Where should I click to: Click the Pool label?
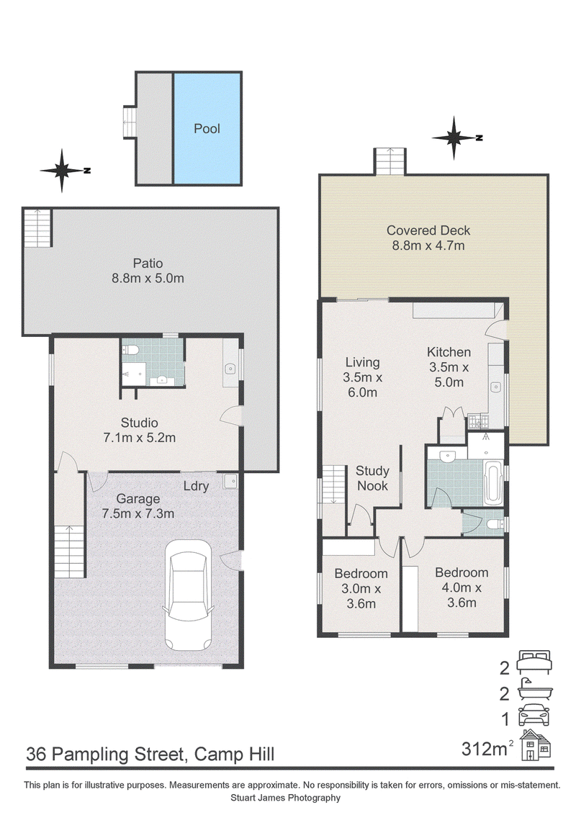[207, 128]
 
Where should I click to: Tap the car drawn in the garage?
[188, 595]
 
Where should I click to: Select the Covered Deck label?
[428, 230]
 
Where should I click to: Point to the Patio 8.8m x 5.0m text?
[148, 271]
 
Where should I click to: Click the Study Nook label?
[372, 478]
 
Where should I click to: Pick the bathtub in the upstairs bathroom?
[492, 483]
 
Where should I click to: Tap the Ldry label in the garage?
[196, 486]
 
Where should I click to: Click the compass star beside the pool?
[62, 170]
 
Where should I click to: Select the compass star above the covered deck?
[454, 138]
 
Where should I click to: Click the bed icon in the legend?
[534, 662]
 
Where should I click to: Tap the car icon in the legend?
[534, 715]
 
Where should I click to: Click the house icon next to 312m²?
[536, 745]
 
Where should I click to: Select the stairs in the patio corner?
[38, 228]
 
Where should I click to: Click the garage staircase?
[70, 551]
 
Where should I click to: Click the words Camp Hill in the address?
[235, 755]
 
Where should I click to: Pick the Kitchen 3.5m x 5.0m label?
[449, 367]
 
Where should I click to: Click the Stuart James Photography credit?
[286, 797]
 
